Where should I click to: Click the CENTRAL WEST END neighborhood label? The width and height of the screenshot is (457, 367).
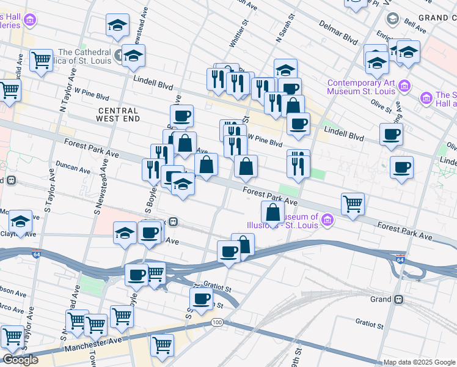[x=119, y=114]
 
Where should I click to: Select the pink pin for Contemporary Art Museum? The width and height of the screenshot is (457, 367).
[x=403, y=84]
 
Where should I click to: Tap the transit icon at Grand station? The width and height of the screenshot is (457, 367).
[x=398, y=300]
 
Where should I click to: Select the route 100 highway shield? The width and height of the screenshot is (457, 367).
[x=217, y=322]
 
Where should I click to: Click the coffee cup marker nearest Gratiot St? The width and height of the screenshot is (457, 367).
[x=201, y=299]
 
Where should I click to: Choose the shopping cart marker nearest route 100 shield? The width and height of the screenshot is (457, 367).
[x=162, y=344]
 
